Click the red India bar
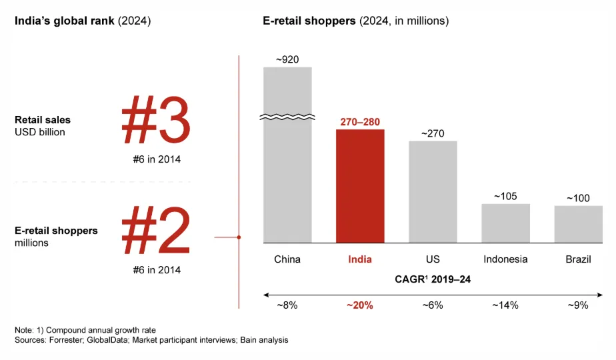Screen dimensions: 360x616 pyautogui.click(x=360, y=186)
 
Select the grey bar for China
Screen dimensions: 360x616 pyautogui.click(x=287, y=180)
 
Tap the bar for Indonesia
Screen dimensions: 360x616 pyautogui.click(x=505, y=223)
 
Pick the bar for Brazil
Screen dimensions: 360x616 pyautogui.click(x=578, y=224)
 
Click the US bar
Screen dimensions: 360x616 pyautogui.click(x=433, y=191)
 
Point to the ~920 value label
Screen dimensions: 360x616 pyautogui.click(x=287, y=59)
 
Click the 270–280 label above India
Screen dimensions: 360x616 pyautogui.click(x=360, y=122)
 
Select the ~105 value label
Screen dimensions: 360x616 pyautogui.click(x=505, y=196)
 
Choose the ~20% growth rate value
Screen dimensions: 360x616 pyautogui.click(x=360, y=305)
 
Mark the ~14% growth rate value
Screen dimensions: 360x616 pyautogui.click(x=505, y=305)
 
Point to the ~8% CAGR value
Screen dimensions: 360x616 pyautogui.click(x=287, y=305)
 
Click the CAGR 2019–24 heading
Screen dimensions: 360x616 pyautogui.click(x=433, y=279)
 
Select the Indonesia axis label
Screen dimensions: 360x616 pyautogui.click(x=505, y=259)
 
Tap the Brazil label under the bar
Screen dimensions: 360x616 pyautogui.click(x=578, y=259)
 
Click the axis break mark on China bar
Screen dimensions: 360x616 pyautogui.click(x=287, y=117)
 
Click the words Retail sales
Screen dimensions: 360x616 pyautogui.click(x=43, y=120)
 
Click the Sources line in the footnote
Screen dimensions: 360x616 pyautogui.click(x=151, y=341)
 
